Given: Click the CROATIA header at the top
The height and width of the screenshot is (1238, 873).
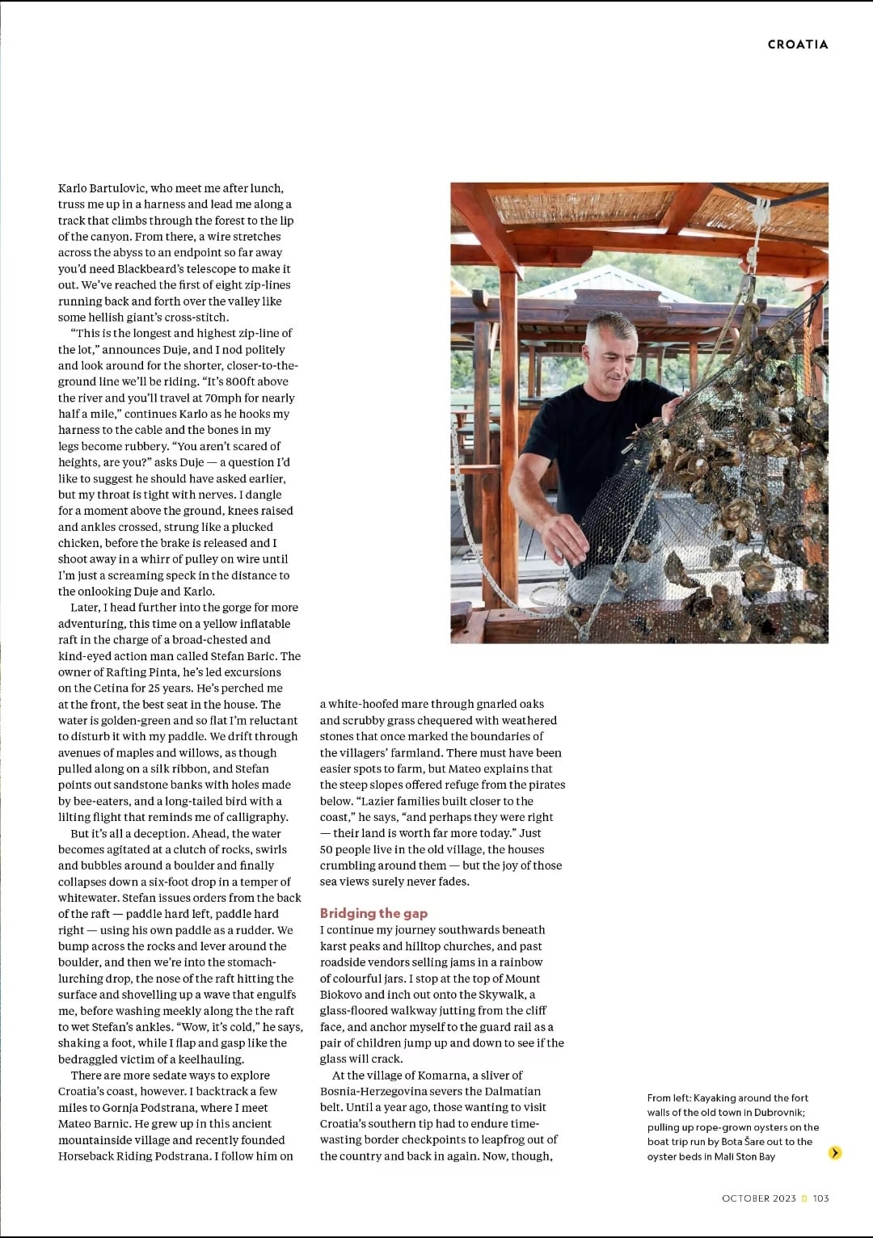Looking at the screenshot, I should tap(797, 44).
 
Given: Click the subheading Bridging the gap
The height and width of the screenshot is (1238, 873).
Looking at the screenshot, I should tap(373, 913).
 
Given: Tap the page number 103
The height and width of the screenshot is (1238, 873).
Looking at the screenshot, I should tap(820, 1198).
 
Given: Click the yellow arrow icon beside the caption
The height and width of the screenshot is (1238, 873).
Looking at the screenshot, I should tap(835, 1152).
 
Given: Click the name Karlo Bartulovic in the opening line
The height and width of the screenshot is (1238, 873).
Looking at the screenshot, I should tap(102, 188).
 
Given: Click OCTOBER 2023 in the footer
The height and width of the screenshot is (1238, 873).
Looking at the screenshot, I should tap(758, 1198).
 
